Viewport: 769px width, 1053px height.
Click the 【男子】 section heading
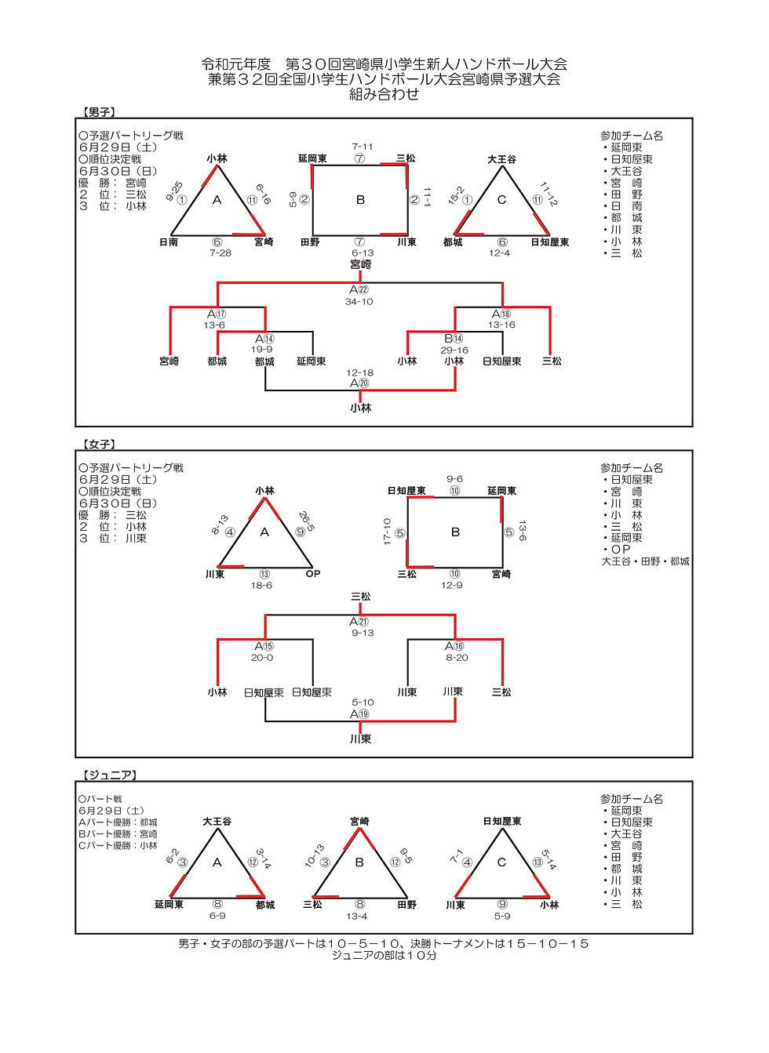pos(100,113)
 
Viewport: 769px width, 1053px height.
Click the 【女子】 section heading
pos(100,445)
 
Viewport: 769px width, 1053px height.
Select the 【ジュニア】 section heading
pos(111,775)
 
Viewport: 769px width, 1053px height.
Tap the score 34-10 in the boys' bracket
pos(359,302)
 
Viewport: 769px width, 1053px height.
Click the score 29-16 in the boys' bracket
pos(454,350)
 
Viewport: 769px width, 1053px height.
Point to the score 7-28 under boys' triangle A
pos(220,253)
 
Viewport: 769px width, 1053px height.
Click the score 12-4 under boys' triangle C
pos(500,253)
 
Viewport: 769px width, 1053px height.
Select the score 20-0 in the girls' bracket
pos(262,658)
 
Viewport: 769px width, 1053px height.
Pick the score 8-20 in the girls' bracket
pos(457,658)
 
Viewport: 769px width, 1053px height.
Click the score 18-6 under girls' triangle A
pos(261,586)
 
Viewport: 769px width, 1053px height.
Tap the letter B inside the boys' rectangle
pos(360,200)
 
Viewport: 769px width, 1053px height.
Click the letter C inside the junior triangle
pos(501,862)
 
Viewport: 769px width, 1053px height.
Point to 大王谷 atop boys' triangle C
pos(501,159)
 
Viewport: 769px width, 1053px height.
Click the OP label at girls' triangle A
pos(313,574)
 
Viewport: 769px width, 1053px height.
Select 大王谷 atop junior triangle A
pos(217,822)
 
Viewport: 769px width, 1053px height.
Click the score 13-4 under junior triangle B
pos(356,916)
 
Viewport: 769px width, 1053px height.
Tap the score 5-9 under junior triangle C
pos(502,916)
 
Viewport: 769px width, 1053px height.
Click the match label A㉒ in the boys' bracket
pos(359,290)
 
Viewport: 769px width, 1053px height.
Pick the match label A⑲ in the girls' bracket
pos(359,714)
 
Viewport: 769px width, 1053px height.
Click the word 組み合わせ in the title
pos(384,94)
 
